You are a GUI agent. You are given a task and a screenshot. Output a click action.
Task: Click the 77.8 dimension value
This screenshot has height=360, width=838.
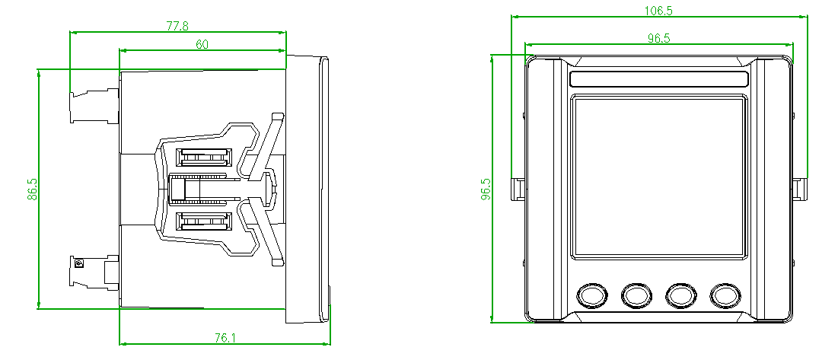pyautogui.click(x=177, y=26)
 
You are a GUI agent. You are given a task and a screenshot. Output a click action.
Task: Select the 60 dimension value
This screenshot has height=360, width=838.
pyautogui.click(x=202, y=44)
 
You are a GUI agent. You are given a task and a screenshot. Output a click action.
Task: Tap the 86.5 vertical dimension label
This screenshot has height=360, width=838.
pyautogui.click(x=32, y=189)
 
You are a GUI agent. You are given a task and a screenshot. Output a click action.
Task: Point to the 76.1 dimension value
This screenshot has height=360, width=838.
pyautogui.click(x=225, y=338)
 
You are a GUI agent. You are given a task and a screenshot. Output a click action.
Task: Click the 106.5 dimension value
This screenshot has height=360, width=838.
pyautogui.click(x=658, y=11)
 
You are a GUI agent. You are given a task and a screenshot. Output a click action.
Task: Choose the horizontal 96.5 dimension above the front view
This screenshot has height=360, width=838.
pyautogui.click(x=659, y=38)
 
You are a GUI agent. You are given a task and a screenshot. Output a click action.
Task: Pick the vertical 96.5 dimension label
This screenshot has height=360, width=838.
pyautogui.click(x=486, y=189)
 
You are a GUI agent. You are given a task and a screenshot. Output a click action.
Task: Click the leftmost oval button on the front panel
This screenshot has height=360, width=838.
pyautogui.click(x=592, y=295)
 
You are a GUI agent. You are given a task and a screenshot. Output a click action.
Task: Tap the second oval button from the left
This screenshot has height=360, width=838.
pyautogui.click(x=636, y=295)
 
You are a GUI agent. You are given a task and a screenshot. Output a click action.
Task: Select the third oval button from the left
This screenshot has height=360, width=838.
pyautogui.click(x=681, y=295)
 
